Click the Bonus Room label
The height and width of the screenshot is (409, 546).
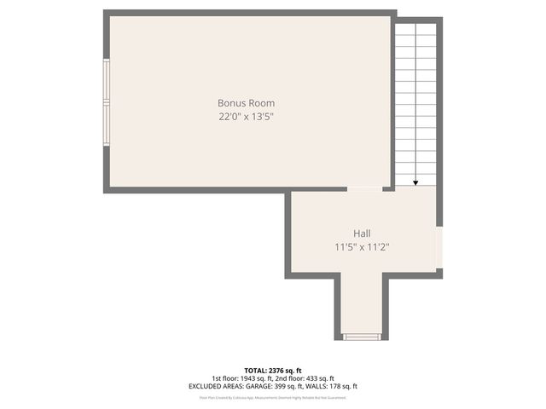click(245, 103)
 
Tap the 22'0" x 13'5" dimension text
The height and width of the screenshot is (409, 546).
click(245, 117)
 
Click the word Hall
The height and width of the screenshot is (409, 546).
click(363, 233)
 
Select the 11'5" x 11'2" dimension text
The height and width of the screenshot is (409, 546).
click(363, 247)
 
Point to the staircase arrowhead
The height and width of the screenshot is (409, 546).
click(415, 181)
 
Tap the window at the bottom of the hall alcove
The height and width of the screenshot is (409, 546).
click(362, 337)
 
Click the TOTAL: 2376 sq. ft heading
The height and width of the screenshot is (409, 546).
click(272, 371)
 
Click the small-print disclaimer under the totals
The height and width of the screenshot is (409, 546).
click(272, 397)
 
